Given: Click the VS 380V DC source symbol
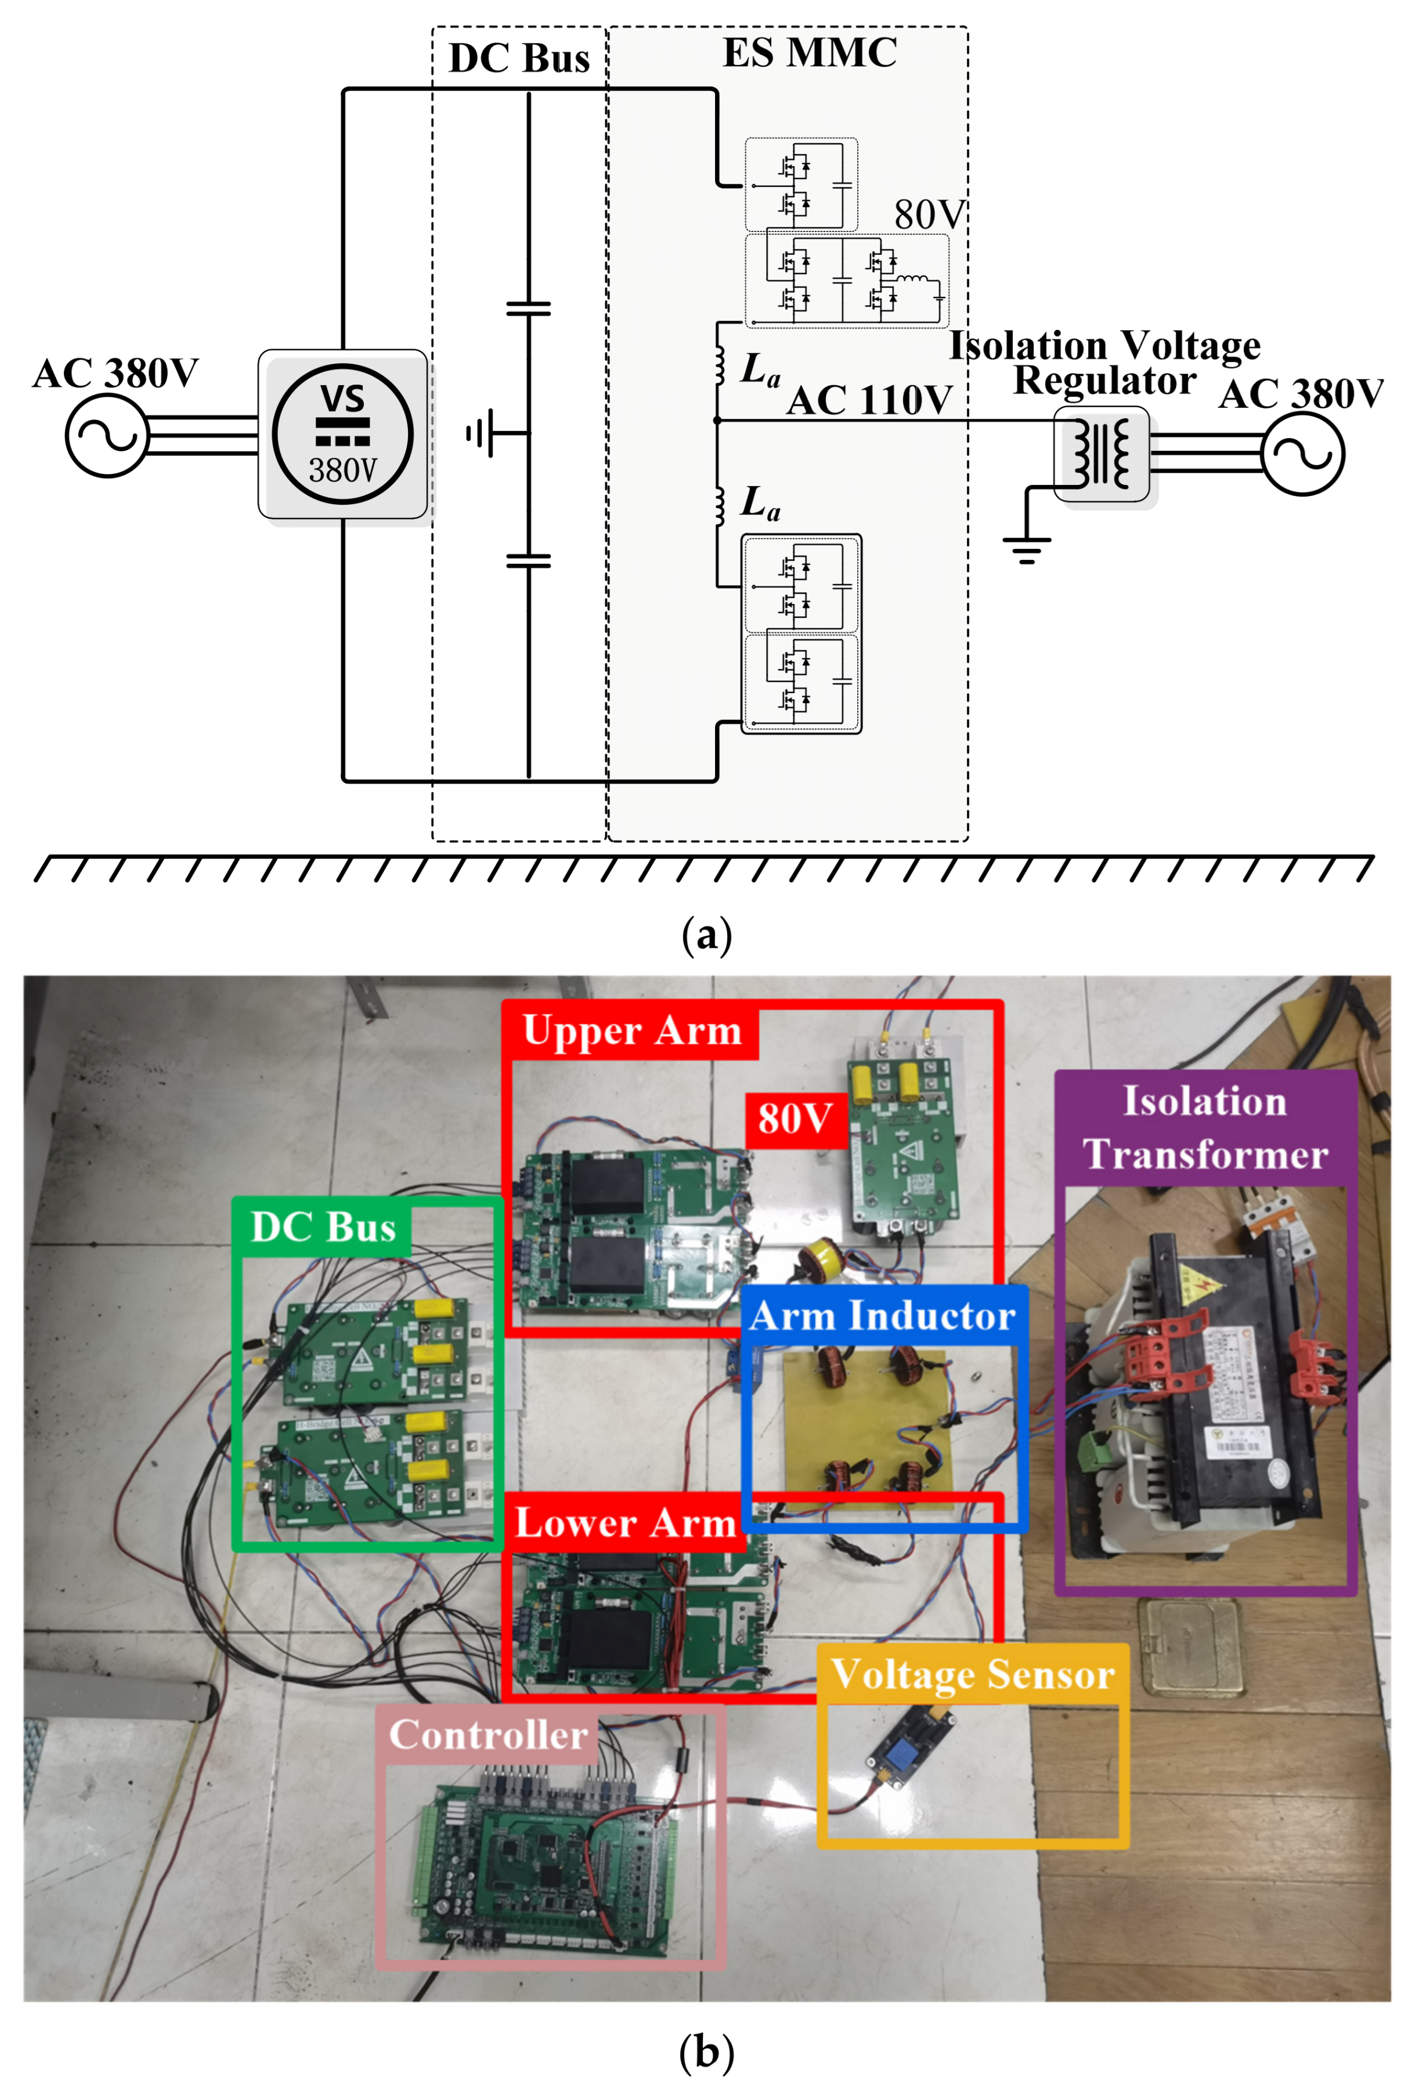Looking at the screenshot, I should [x=342, y=434].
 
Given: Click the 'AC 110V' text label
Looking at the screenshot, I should [x=869, y=400].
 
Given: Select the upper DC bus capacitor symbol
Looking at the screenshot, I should [x=529, y=309].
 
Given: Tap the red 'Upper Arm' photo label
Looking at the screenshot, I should [x=631, y=1031].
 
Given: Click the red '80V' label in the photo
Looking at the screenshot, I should [x=794, y=1119].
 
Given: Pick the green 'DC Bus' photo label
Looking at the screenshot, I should [x=322, y=1227].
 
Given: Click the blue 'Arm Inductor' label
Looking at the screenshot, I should [x=882, y=1316].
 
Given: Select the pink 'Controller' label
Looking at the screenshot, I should [x=487, y=1735].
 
